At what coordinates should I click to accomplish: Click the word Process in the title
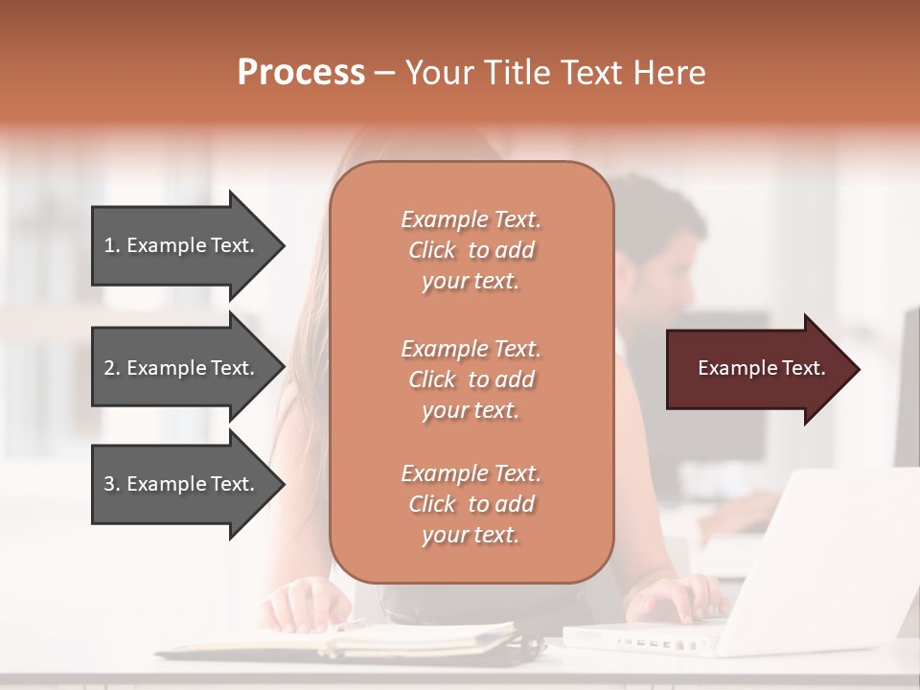pyautogui.click(x=301, y=73)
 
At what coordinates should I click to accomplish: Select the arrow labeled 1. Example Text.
pyautogui.click(x=188, y=245)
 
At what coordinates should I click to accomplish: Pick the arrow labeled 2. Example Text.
pyautogui.click(x=188, y=368)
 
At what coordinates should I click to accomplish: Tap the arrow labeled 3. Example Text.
pyautogui.click(x=188, y=484)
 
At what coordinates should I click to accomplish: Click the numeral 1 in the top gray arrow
pyautogui.click(x=109, y=245)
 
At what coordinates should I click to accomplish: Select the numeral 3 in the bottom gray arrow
pyautogui.click(x=109, y=484)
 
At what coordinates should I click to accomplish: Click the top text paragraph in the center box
pyautogui.click(x=471, y=250)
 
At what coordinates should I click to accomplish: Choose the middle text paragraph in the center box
pyautogui.click(x=471, y=379)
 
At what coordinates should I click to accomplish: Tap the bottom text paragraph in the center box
pyautogui.click(x=471, y=504)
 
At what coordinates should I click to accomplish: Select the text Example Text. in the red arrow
pyautogui.click(x=762, y=369)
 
